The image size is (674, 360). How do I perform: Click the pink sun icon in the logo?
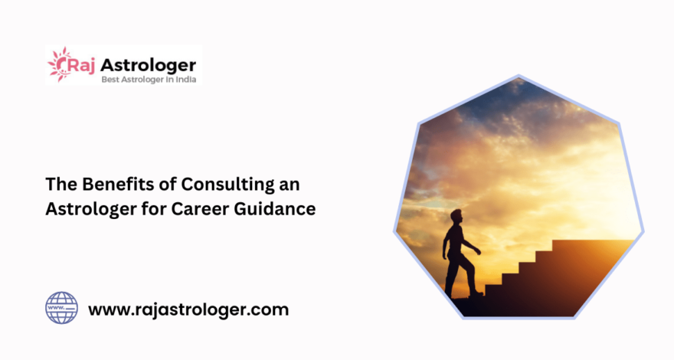click(x=59, y=64)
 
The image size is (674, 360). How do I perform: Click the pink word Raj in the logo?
click(x=81, y=66)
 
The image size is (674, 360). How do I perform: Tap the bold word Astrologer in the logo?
click(x=149, y=66)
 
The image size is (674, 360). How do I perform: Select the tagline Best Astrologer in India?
click(x=149, y=80)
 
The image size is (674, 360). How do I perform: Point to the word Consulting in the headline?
click(x=227, y=185)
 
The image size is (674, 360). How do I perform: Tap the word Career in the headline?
click(x=200, y=209)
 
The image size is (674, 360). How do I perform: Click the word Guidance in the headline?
click(x=275, y=209)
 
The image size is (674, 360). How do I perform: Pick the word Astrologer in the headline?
click(x=91, y=210)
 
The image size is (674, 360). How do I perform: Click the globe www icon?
click(x=61, y=308)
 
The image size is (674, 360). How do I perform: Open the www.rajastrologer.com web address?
click(x=188, y=310)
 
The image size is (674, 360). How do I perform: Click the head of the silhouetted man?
click(x=456, y=216)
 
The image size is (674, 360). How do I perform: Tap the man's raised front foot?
click(x=476, y=294)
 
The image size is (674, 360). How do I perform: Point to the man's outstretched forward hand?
click(x=479, y=251)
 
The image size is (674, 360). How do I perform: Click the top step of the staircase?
click(x=593, y=244)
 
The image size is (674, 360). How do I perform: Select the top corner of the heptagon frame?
click(x=519, y=76)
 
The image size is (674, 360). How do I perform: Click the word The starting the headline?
click(x=61, y=184)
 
